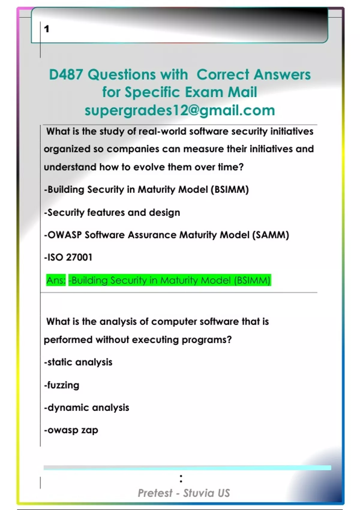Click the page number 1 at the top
point(46,29)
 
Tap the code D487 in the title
point(66,74)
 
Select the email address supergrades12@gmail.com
point(180,110)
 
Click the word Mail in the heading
point(242,92)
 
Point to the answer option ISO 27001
point(68,257)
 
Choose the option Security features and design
point(112,212)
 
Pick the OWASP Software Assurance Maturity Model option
point(166,235)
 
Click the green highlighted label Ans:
point(56,280)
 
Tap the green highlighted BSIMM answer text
point(169,280)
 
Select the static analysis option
point(78,362)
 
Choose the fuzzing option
point(61,385)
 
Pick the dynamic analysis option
point(86,407)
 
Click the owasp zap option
point(71,430)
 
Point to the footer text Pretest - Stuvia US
point(184,493)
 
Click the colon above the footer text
point(181,478)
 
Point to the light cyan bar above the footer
point(187,468)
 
